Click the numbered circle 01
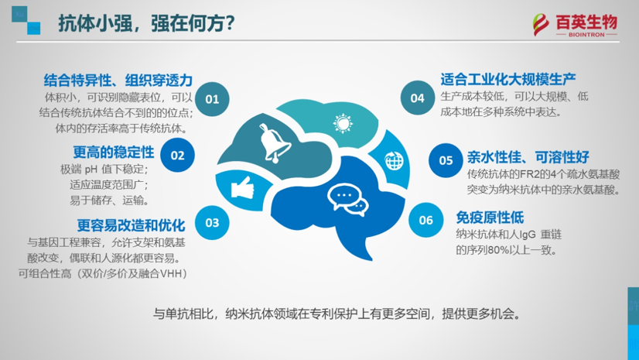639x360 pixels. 212,99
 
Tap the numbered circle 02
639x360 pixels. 177,155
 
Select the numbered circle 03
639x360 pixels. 212,223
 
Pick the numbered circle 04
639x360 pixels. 417,98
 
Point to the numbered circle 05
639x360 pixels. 446,160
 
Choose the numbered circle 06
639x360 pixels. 425,220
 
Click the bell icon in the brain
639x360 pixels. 275,143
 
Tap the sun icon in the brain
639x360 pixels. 343,123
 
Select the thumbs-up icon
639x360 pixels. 242,188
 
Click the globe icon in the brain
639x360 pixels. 395,161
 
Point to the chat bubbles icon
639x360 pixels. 347,200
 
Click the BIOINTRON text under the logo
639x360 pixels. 586,35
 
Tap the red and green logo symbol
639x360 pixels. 542,25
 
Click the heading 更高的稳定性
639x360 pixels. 114,153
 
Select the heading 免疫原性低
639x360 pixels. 490,218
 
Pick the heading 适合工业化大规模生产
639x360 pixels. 508,80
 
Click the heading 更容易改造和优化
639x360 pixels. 132,225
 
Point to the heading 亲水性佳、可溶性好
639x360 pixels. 528,157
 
